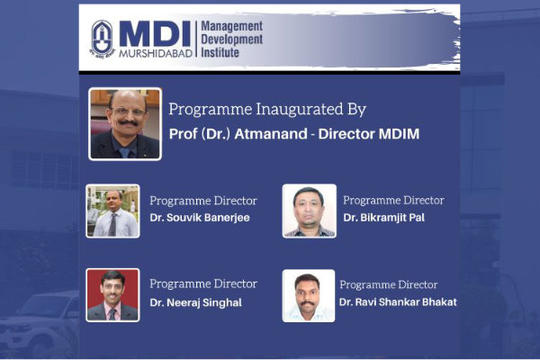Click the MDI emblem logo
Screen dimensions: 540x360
pyautogui.click(x=103, y=38)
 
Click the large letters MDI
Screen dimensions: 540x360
pyautogui.click(x=155, y=34)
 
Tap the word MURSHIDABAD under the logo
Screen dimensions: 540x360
pyautogui.click(x=156, y=53)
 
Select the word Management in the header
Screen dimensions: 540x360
pyautogui.click(x=232, y=26)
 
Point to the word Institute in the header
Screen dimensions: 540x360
pyautogui.click(x=220, y=52)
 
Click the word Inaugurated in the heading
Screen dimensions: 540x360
pyautogui.click(x=300, y=110)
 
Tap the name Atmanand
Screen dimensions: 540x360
pyautogui.click(x=271, y=134)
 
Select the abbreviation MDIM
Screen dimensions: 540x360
pyautogui.click(x=399, y=134)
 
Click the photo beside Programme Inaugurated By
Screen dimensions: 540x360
pyautogui.click(x=125, y=124)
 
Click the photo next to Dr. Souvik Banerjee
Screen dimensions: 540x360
pyautogui.click(x=113, y=211)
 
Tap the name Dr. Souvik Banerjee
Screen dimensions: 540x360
pyautogui.click(x=200, y=218)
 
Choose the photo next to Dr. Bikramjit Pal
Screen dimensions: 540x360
pyautogui.click(x=310, y=211)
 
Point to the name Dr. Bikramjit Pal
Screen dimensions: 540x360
pyautogui.click(x=384, y=218)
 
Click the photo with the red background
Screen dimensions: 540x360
pyautogui.click(x=113, y=295)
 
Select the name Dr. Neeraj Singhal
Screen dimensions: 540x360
pyautogui.click(x=195, y=302)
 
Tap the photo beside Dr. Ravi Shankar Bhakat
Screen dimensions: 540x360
pyautogui.click(x=309, y=296)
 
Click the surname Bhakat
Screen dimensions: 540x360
pyautogui.click(x=439, y=302)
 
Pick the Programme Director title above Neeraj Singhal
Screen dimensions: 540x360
pyautogui.click(x=203, y=283)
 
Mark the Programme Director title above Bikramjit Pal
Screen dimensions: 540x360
pyautogui.click(x=393, y=200)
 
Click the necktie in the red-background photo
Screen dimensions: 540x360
pyautogui.click(x=112, y=314)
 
